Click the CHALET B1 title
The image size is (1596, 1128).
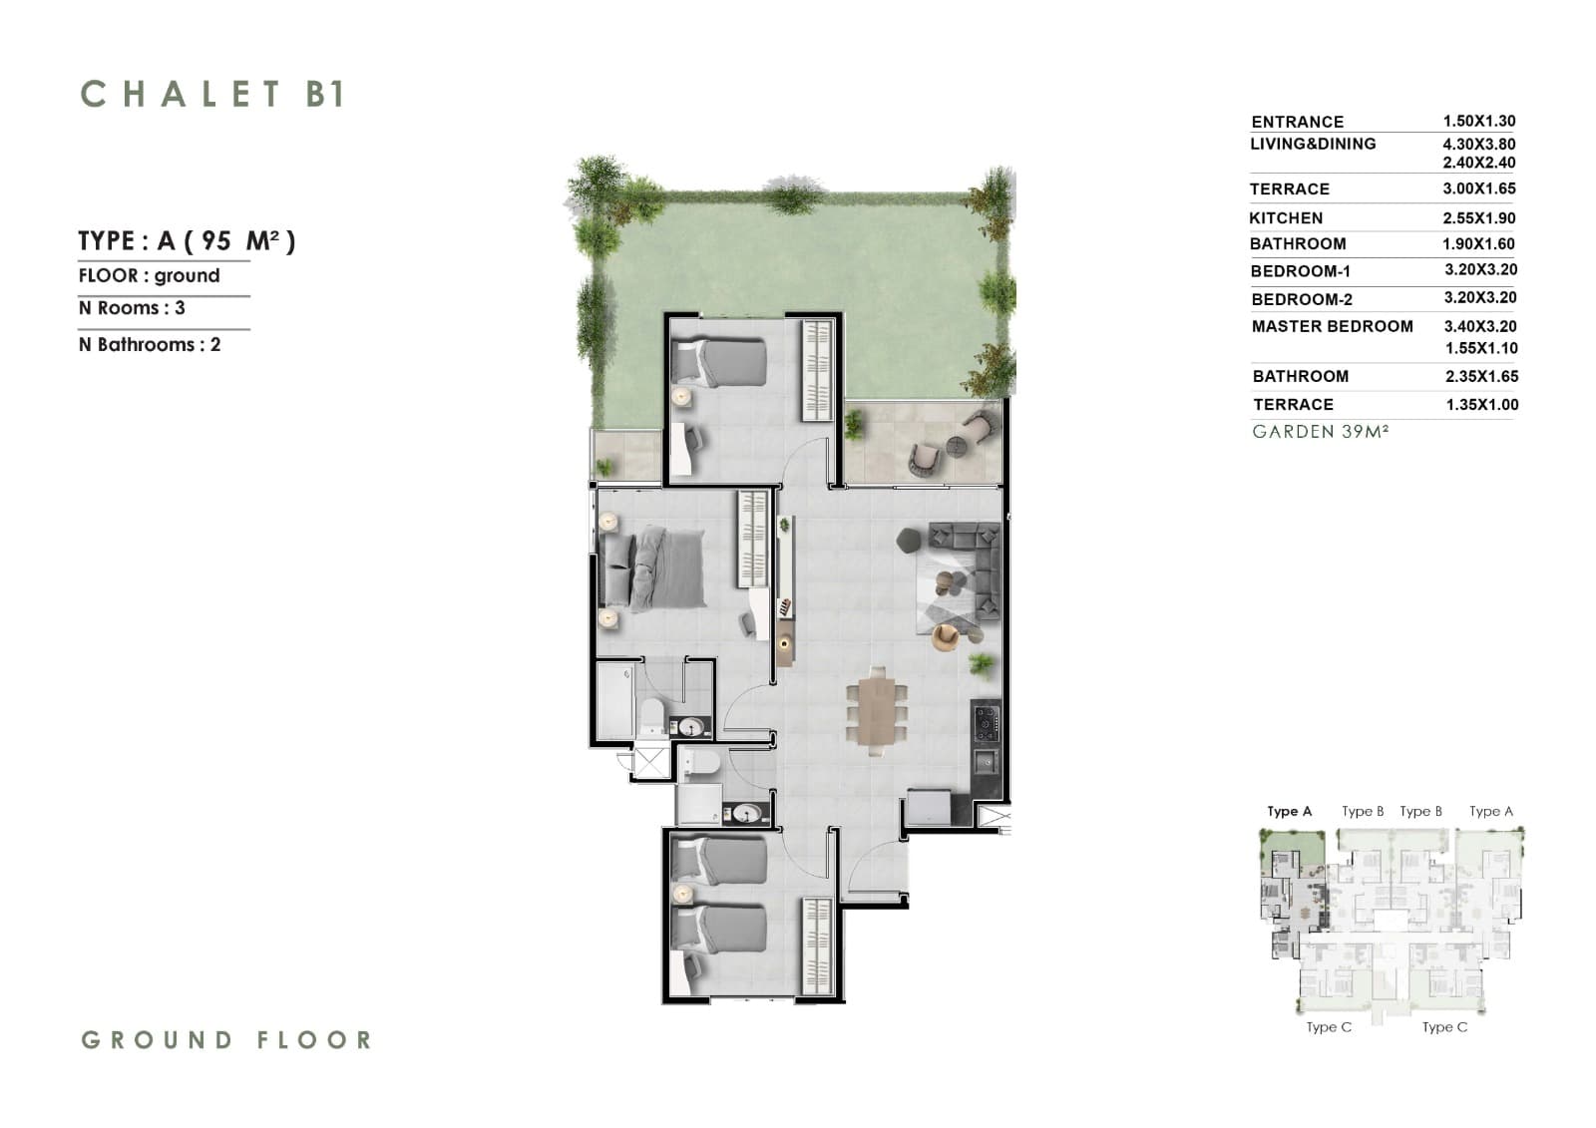(213, 94)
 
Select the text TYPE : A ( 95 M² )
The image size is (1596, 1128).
(187, 240)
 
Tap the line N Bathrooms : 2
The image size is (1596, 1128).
(150, 345)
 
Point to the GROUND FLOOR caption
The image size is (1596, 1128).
(226, 1039)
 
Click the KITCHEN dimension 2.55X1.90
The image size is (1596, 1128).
(1479, 218)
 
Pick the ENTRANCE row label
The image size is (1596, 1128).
(1298, 122)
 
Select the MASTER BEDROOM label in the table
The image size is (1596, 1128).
(1333, 326)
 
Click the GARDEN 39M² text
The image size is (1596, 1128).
(1321, 432)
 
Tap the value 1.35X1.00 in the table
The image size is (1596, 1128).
(1482, 405)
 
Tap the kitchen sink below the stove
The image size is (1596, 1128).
(987, 763)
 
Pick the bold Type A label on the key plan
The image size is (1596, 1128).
(1289, 811)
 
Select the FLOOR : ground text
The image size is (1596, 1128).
(149, 275)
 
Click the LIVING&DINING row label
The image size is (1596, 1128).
(1313, 144)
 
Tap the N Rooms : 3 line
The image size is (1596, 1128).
(132, 308)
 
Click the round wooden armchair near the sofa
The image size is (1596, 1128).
(947, 637)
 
